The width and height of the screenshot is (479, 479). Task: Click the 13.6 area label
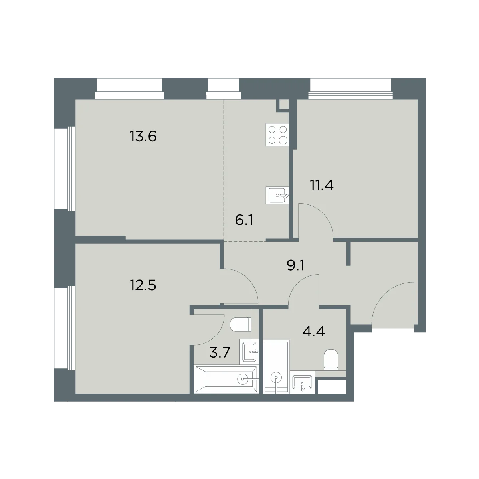(x=143, y=137)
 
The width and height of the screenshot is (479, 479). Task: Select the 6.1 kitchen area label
(x=244, y=220)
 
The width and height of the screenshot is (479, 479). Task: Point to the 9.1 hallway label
(x=295, y=266)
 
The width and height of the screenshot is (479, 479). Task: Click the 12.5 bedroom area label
(x=143, y=285)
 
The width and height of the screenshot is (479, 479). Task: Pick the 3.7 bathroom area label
(x=220, y=352)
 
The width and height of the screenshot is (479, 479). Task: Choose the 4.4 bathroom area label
(x=313, y=331)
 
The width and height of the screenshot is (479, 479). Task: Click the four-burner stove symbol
(x=277, y=135)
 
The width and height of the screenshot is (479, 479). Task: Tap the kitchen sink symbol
(x=277, y=195)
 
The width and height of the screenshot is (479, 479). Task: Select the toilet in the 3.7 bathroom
(x=241, y=325)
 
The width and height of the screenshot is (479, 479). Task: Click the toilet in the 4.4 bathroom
(x=331, y=360)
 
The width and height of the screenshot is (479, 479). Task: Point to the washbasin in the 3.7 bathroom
(x=249, y=352)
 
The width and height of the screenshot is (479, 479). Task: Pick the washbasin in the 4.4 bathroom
(x=302, y=384)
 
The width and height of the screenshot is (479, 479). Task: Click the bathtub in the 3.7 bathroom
(x=226, y=380)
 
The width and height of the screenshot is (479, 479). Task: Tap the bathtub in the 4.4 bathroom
(x=276, y=367)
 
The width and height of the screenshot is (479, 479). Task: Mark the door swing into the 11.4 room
(x=323, y=214)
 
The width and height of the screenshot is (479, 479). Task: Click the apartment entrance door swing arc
(x=384, y=293)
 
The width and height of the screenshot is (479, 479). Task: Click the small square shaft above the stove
(x=284, y=105)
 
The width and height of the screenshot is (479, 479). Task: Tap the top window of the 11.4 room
(x=350, y=89)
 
